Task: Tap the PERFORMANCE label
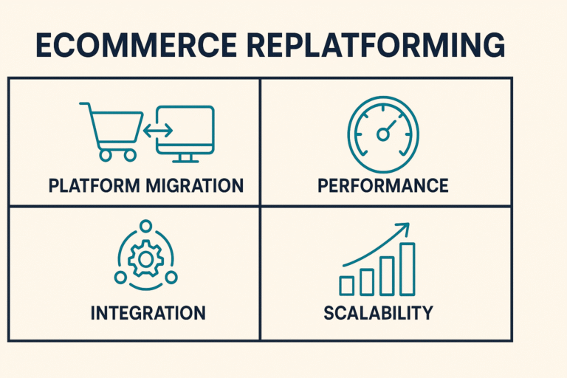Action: [x=382, y=185]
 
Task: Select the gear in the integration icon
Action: [x=145, y=258]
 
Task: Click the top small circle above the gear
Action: [x=145, y=226]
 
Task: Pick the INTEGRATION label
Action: [x=148, y=313]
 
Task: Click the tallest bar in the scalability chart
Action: [x=407, y=269]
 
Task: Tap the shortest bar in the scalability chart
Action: [x=346, y=286]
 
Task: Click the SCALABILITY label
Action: [x=378, y=312]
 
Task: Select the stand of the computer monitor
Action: [x=186, y=157]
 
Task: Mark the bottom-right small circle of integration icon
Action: [x=173, y=277]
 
